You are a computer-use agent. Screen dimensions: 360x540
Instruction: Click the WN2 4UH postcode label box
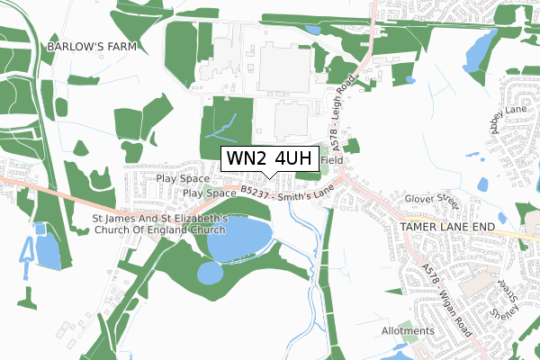270,158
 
